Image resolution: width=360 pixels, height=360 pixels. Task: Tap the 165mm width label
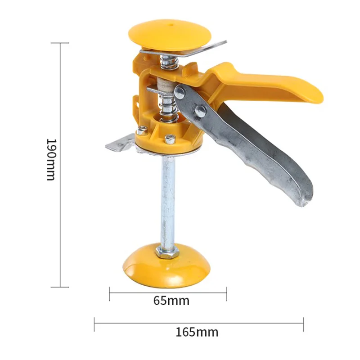[197, 332]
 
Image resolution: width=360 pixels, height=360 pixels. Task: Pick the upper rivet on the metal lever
[180, 93]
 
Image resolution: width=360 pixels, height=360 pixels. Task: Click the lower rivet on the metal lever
[200, 111]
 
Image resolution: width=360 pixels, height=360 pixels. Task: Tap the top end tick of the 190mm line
[60, 43]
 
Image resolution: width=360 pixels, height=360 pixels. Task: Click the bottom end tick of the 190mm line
[60, 287]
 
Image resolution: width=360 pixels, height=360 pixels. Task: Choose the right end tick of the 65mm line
[226, 293]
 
